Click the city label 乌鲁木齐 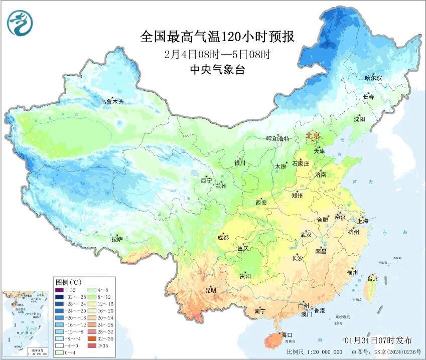[x=111, y=102]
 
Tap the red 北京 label [x=313, y=136]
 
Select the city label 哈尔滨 [x=373, y=78]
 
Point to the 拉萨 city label [x=117, y=240]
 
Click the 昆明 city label [x=210, y=290]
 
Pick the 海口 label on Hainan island [x=287, y=334]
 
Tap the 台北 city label [x=373, y=278]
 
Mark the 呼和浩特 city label [x=277, y=139]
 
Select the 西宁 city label [x=207, y=180]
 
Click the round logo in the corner [x=20, y=23]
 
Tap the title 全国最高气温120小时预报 [x=217, y=37]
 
